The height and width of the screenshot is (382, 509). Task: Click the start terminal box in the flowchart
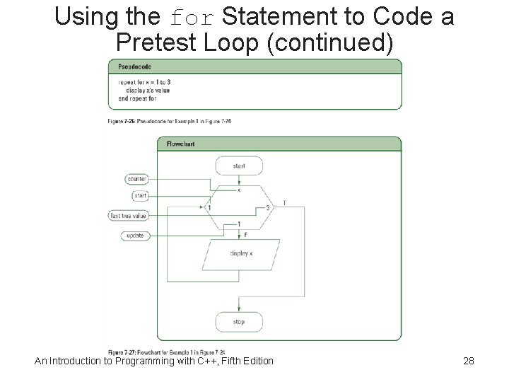click(x=238, y=166)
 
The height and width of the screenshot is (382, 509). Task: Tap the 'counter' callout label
click(x=136, y=179)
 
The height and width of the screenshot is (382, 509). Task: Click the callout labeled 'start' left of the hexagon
click(x=139, y=195)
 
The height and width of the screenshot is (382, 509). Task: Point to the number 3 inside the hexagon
click(x=268, y=207)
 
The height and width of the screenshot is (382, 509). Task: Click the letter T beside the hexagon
click(x=284, y=202)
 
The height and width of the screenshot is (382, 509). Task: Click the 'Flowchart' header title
click(x=180, y=144)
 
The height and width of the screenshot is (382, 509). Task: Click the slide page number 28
click(x=467, y=361)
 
